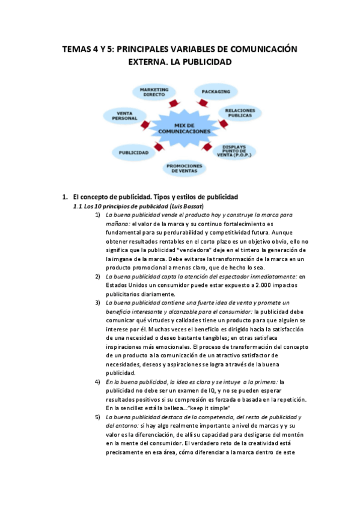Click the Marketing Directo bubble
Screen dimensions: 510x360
click(154, 92)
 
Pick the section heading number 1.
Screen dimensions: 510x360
click(64, 197)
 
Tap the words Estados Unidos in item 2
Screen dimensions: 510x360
click(126, 285)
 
